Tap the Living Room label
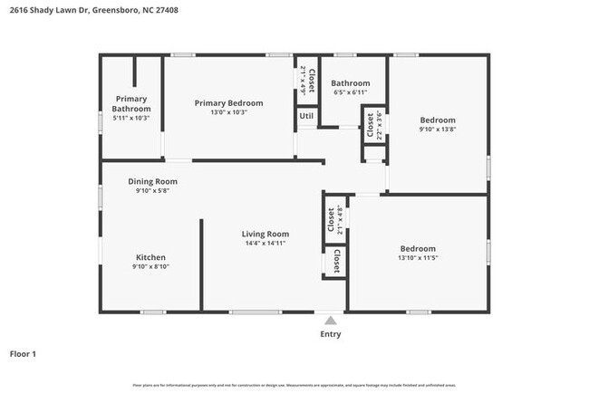pyautogui.click(x=265, y=235)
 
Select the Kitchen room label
pyautogui.click(x=151, y=256)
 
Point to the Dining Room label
pyautogui.click(x=152, y=181)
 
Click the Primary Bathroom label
pyautogui.click(x=130, y=103)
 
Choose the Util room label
pyautogui.click(x=306, y=116)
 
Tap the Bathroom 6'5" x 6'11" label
pyautogui.click(x=350, y=82)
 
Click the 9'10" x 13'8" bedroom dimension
pyautogui.click(x=437, y=129)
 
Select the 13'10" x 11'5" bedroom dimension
pyautogui.click(x=418, y=259)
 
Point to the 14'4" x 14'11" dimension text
pyautogui.click(x=265, y=244)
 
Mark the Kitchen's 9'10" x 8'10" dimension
pyautogui.click(x=151, y=266)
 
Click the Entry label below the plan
pyautogui.click(x=331, y=334)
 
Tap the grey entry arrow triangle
pyautogui.click(x=331, y=320)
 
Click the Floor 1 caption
pyautogui.click(x=23, y=353)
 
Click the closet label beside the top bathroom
pyautogui.click(x=370, y=125)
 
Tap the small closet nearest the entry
pyautogui.click(x=336, y=262)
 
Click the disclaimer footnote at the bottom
pyautogui.click(x=294, y=385)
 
